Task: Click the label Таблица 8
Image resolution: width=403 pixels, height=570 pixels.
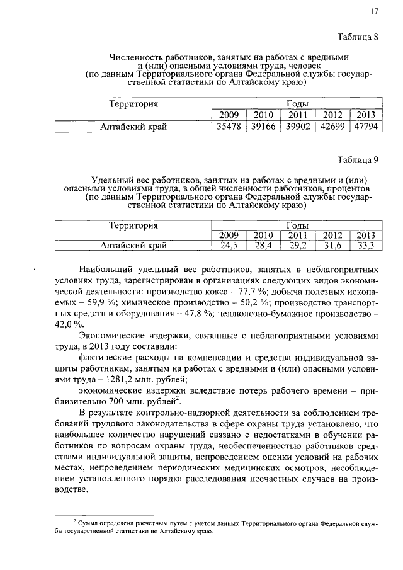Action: pyautogui.click(x=357, y=36)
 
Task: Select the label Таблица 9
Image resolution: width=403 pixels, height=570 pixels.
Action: pyautogui.click(x=357, y=159)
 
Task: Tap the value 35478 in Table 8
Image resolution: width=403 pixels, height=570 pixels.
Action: pyautogui.click(x=227, y=127)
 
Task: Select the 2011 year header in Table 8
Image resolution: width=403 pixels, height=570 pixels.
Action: pyautogui.click(x=296, y=115)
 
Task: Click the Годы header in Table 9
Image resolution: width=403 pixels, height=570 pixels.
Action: pyautogui.click(x=296, y=225)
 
